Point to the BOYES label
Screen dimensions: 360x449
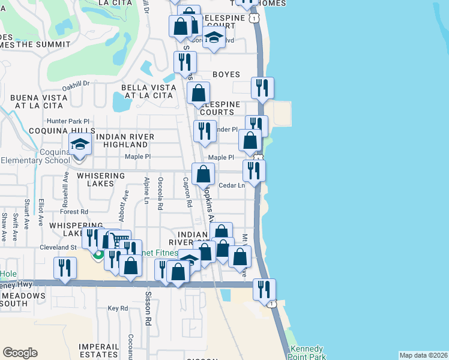[x=226, y=74]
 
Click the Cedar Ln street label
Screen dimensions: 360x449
[x=232, y=186]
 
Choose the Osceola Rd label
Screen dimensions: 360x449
[x=160, y=193]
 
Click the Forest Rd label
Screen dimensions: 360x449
[x=74, y=212]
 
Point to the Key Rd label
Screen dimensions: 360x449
[x=118, y=308]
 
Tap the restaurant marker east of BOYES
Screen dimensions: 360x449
[x=262, y=88]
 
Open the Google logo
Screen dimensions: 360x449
[x=20, y=353]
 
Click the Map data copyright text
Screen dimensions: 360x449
[x=423, y=355]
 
